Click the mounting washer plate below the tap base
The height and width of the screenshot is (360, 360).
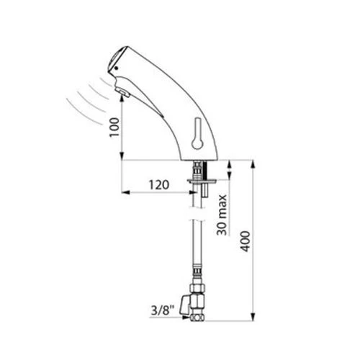pyautogui.click(x=199, y=181)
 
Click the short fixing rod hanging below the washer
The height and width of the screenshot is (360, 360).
pyautogui.click(x=207, y=189)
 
